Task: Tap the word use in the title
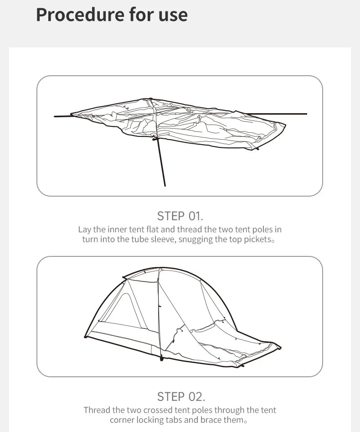(x=172, y=15)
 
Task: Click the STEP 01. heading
(x=180, y=216)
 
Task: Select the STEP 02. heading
(x=180, y=396)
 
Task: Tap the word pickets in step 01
(x=255, y=239)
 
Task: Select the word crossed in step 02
(x=155, y=410)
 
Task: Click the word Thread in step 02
(x=97, y=410)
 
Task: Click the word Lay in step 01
(x=85, y=229)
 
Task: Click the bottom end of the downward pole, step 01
(x=165, y=186)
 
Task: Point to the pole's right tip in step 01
(x=306, y=114)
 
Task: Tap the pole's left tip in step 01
(x=55, y=116)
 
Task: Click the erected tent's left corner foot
(x=85, y=337)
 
